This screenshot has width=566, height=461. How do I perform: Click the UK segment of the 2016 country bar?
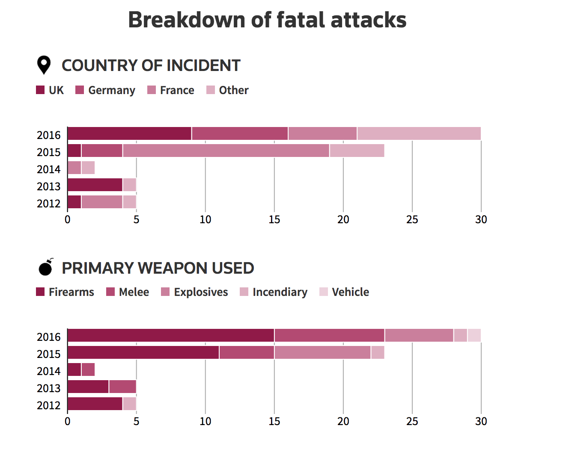point(129,133)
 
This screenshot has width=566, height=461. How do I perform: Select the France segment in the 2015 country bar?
point(226,151)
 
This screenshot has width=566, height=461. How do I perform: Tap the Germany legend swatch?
point(80,90)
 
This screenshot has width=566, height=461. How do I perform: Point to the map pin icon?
point(44,65)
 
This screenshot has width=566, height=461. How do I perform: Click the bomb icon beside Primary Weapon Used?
point(45,267)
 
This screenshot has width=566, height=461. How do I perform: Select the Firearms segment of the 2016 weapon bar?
point(171,335)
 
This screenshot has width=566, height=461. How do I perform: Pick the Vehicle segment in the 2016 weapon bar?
point(474,335)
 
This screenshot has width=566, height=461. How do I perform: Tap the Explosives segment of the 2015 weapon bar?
point(322,352)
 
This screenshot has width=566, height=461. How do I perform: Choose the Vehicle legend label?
point(350,292)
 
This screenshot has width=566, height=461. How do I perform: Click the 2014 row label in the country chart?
point(49,169)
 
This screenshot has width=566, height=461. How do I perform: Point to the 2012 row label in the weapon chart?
point(49,405)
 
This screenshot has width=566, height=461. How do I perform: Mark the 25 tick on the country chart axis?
point(412,219)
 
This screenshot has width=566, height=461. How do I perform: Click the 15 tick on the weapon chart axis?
point(274,421)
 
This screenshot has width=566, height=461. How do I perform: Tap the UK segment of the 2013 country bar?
point(95,185)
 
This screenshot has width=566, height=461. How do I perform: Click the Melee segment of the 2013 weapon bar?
point(122,387)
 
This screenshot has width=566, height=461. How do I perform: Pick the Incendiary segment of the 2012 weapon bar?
point(129,404)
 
